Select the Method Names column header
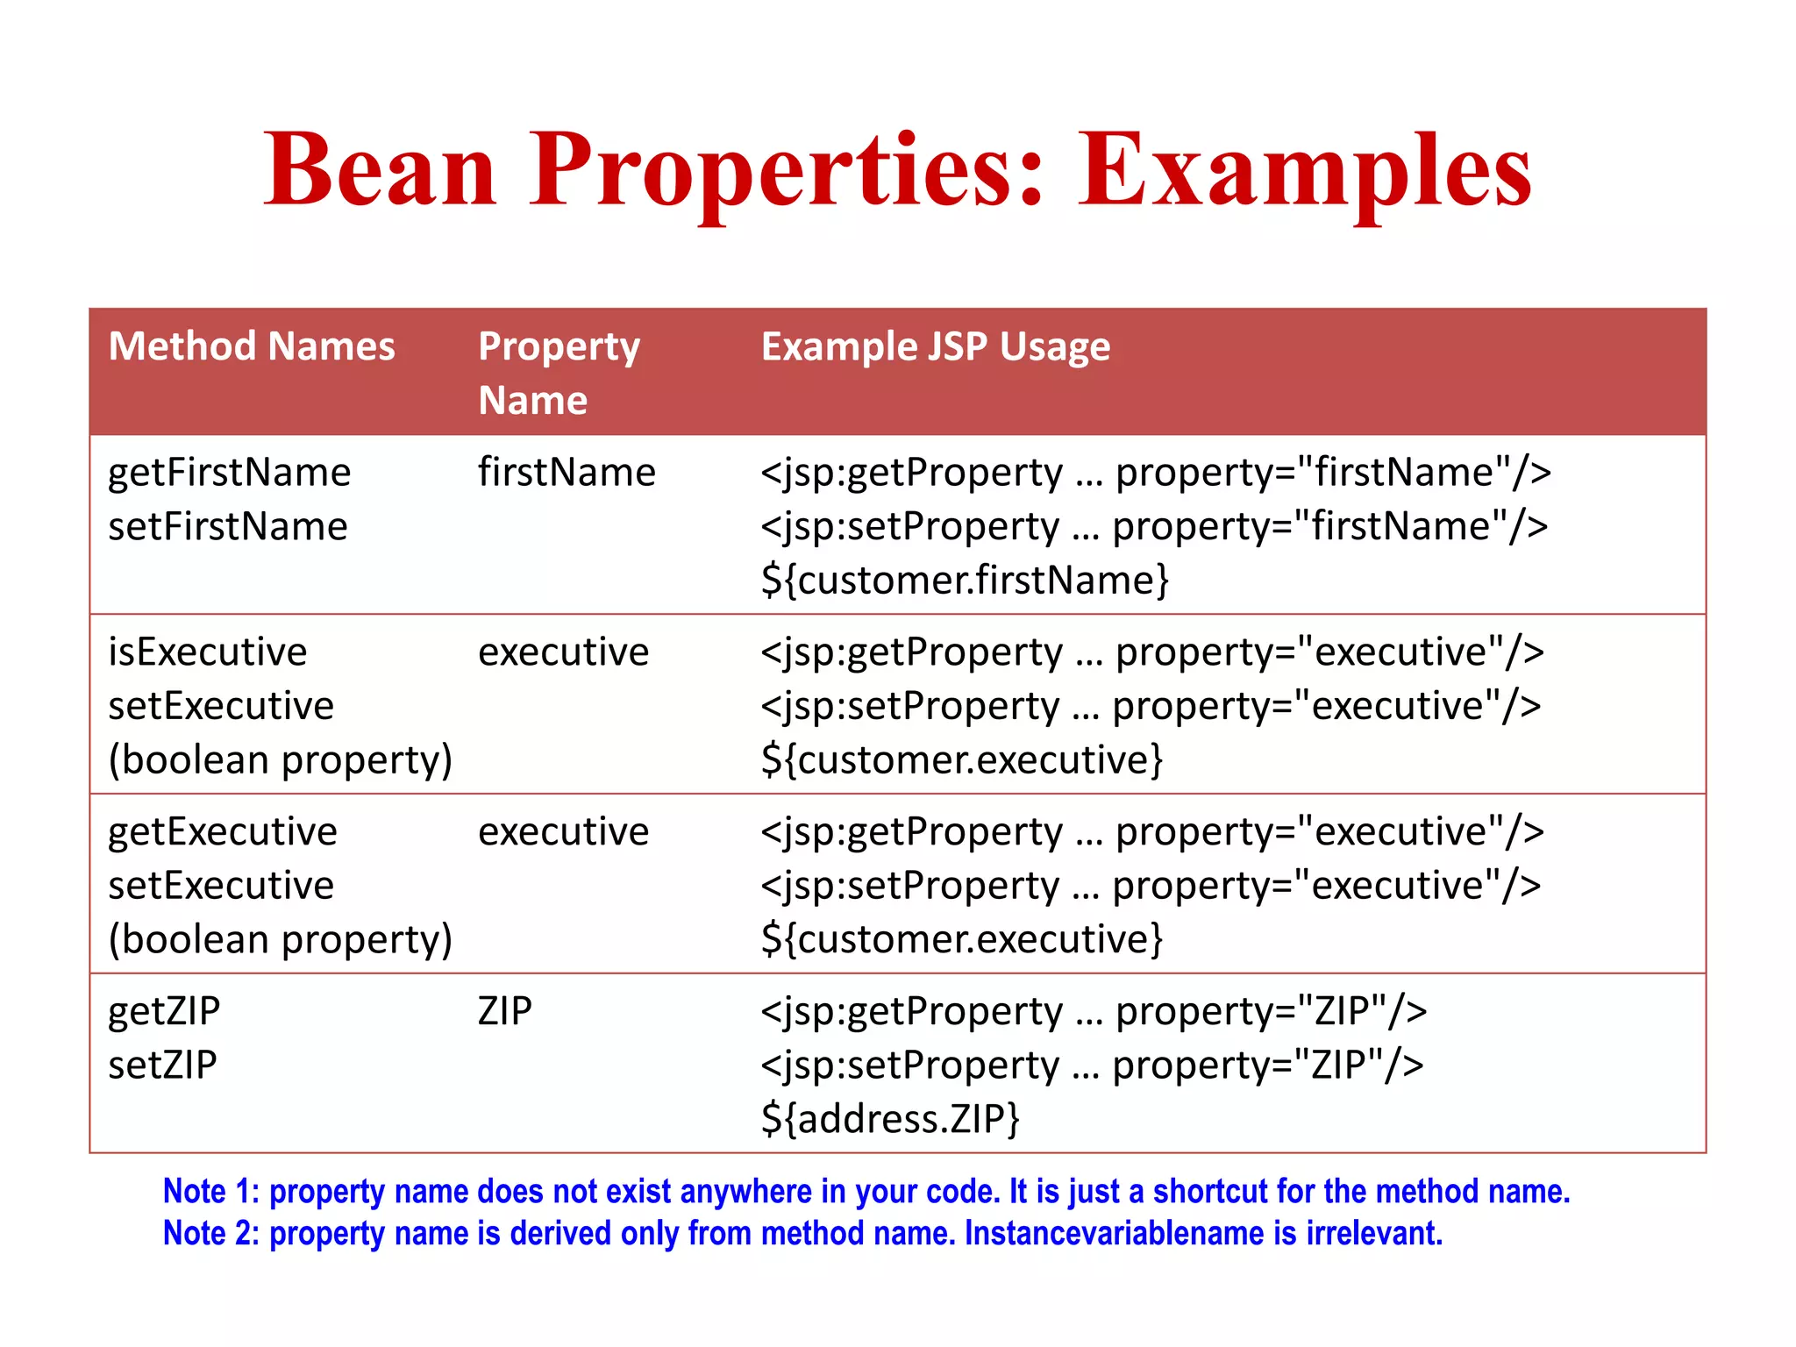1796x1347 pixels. pyautogui.click(x=252, y=346)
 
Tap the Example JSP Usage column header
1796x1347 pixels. pyautogui.click(x=935, y=346)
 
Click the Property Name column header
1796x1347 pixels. pyautogui.click(x=559, y=373)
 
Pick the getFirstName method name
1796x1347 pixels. pyautogui.click(x=229, y=473)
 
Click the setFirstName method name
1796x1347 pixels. pyautogui.click(x=228, y=527)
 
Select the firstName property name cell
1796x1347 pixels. pyautogui.click(x=567, y=473)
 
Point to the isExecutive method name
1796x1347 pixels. pyautogui.click(x=208, y=652)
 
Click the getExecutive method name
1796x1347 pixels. pyautogui.click(x=223, y=832)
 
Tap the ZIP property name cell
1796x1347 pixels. pyautogui.click(x=505, y=1011)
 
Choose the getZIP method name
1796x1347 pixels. pyautogui.click(x=164, y=1012)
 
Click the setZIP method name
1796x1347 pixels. pyautogui.click(x=162, y=1065)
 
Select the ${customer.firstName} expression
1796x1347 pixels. pyautogui.click(x=965, y=581)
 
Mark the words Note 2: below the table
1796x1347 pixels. pyautogui.click(x=211, y=1234)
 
